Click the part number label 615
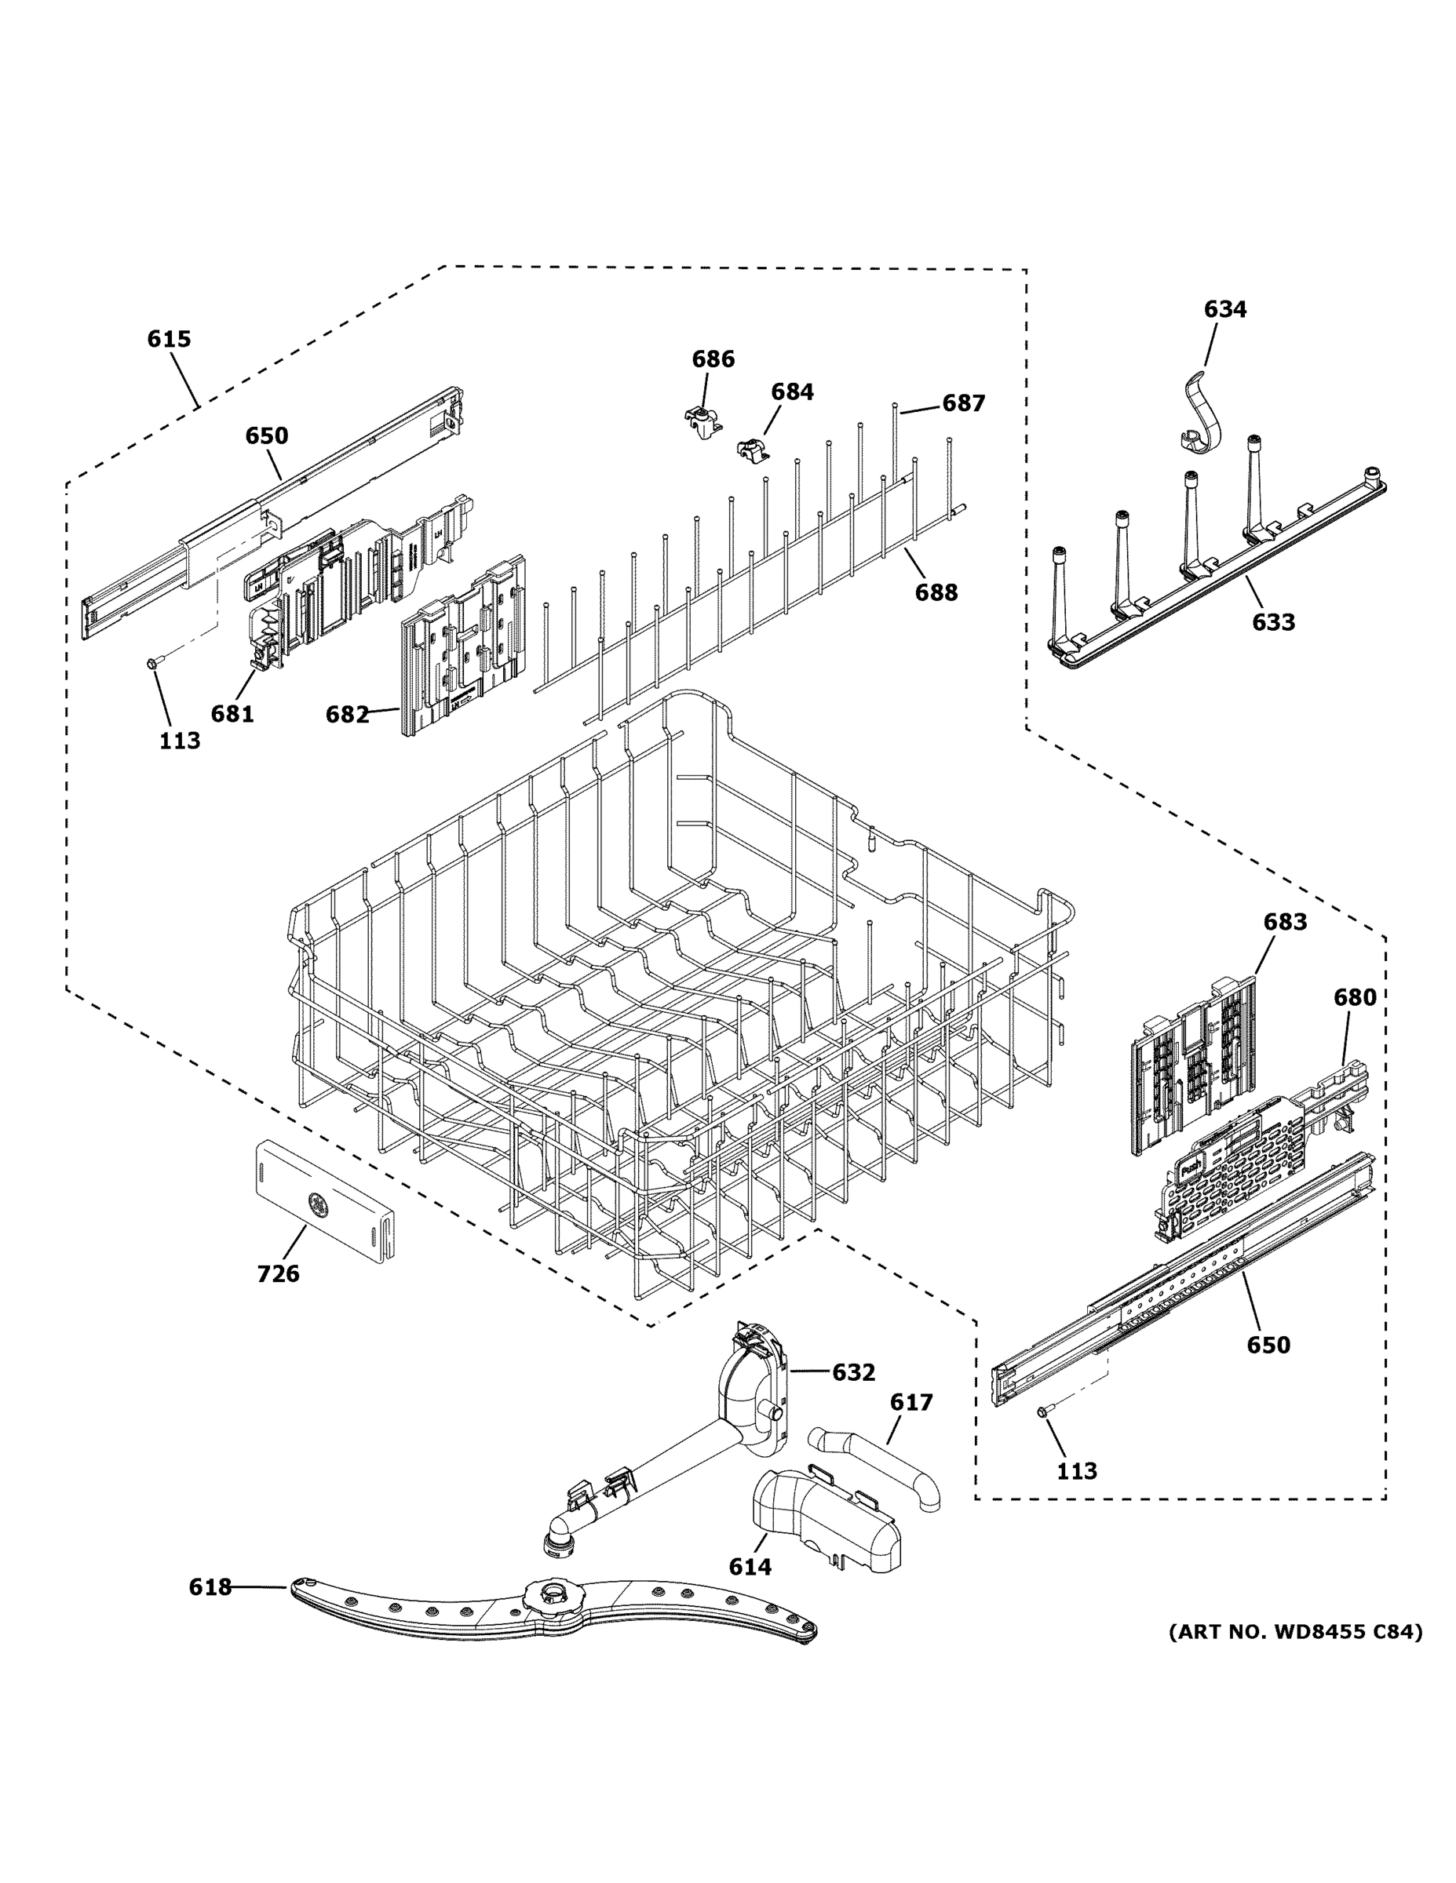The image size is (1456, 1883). [x=168, y=339]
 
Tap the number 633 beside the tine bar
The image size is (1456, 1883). [x=1273, y=621]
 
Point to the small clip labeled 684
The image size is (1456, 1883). [x=751, y=448]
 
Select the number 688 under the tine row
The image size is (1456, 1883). [x=936, y=592]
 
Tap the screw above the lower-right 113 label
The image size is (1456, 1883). [x=1043, y=1411]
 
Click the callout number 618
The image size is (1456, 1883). [x=210, y=1587]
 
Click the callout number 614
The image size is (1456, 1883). [x=750, y=1567]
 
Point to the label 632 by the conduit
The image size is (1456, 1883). [x=853, y=1371]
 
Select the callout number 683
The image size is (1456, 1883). [x=1284, y=922]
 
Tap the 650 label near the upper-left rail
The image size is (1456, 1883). [x=267, y=435]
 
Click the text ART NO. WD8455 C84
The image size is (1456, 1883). [x=1294, y=1631]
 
